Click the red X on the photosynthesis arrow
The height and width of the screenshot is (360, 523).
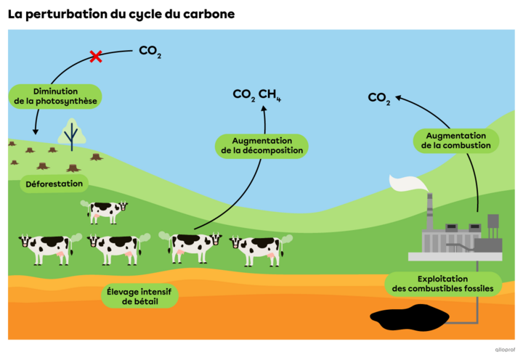(95, 56)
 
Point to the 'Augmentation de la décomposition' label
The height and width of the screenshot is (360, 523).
(262, 145)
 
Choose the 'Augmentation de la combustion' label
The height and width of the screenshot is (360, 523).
(456, 141)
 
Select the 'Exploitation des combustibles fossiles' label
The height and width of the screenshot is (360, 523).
(442, 284)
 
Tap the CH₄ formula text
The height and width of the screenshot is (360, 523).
(270, 94)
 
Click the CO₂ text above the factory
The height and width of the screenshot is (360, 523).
(378, 98)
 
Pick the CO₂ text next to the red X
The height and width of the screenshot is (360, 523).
(149, 52)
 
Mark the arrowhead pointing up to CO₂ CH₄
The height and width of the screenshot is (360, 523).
(264, 110)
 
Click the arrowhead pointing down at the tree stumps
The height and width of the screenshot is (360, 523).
(36, 131)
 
